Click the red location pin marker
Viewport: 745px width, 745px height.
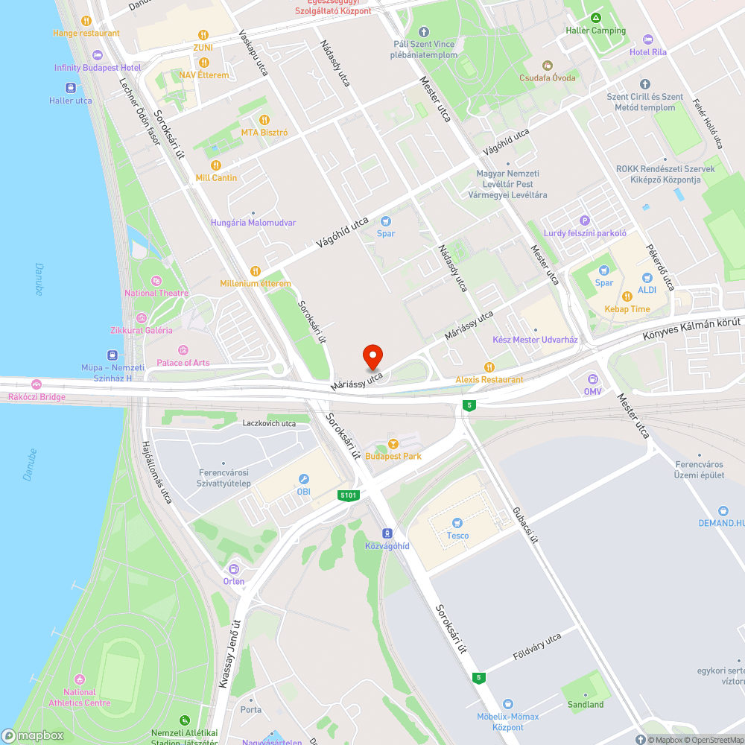coord(372,357)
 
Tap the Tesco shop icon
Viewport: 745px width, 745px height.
coord(457,523)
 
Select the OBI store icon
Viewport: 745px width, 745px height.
coord(303,479)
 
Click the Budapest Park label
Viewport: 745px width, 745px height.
coord(393,456)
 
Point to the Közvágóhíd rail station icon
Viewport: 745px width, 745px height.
coord(387,533)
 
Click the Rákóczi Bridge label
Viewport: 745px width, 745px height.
coord(37,397)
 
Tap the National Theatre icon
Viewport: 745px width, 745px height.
coord(156,280)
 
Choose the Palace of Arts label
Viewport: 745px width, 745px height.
coord(183,363)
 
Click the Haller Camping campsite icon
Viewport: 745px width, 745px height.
coord(595,18)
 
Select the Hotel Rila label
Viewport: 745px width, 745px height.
coord(647,52)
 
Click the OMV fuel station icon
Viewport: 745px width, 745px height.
coord(593,378)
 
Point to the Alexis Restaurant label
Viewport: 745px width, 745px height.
coord(489,379)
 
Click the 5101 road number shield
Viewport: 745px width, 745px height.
coord(348,495)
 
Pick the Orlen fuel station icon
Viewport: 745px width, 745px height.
coord(233,569)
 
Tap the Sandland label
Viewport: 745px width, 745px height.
coord(586,704)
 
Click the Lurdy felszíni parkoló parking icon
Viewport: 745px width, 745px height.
coord(584,221)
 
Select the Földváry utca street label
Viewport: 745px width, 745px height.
coord(537,648)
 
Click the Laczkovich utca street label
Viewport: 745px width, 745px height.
coord(269,423)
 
